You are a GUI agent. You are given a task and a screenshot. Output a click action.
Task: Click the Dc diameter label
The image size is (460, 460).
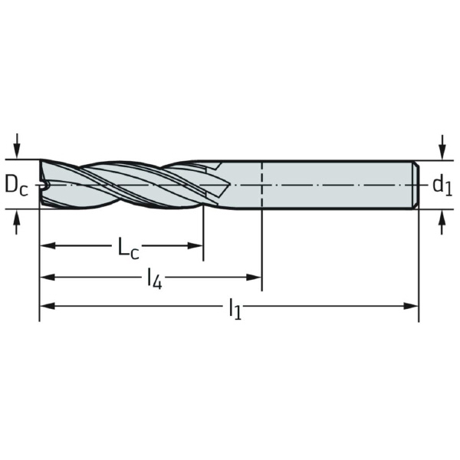(x=16, y=186)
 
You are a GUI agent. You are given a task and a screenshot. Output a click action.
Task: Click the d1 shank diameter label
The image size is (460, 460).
(x=442, y=186)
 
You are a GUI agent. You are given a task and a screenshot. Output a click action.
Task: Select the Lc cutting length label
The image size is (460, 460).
(x=128, y=247)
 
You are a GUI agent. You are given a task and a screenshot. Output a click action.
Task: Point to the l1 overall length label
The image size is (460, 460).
(x=235, y=308)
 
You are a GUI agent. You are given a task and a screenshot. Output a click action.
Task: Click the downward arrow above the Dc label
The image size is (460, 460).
(x=17, y=146)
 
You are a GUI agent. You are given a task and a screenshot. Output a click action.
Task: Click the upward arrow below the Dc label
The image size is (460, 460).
(x=17, y=222)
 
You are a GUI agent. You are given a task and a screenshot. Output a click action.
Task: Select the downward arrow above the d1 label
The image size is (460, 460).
(x=442, y=147)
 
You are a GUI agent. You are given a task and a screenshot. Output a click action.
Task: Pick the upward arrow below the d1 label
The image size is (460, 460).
(x=442, y=222)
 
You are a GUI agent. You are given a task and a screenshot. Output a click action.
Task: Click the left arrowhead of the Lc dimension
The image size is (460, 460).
(x=48, y=245)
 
